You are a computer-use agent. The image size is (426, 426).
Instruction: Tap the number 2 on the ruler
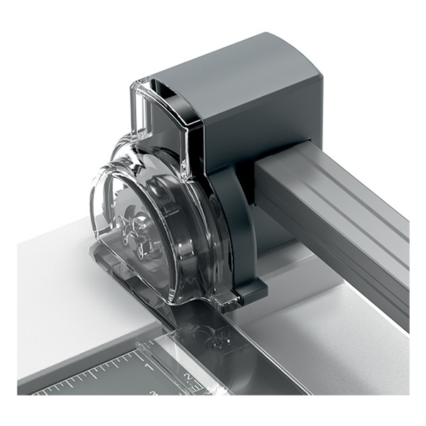tap(187, 377)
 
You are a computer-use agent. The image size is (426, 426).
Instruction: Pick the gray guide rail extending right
tap(334, 213)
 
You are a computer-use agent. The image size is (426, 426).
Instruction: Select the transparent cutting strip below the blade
tap(234, 355)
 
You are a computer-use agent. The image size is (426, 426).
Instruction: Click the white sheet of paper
tap(64, 298)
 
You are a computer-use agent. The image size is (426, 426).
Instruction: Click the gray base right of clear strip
tap(334, 355)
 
